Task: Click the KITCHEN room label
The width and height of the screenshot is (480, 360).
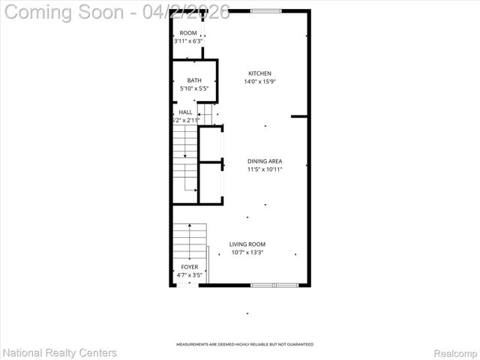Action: click(259, 73)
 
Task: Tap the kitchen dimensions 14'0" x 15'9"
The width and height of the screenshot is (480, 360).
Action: click(259, 82)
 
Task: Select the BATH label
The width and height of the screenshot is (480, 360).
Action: click(194, 80)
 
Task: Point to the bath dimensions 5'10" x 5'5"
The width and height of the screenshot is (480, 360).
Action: click(194, 88)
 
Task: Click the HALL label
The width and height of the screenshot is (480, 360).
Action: click(185, 112)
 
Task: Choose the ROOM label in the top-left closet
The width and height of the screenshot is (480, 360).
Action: click(188, 33)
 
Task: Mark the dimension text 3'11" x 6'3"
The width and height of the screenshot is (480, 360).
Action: click(188, 41)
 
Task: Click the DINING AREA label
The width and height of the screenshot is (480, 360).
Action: click(265, 161)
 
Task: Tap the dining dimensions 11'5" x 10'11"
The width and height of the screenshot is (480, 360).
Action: click(265, 169)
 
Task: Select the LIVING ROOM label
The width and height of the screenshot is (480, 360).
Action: click(247, 244)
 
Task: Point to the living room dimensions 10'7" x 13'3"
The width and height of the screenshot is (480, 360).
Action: click(247, 253)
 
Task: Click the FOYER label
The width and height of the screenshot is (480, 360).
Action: click(190, 267)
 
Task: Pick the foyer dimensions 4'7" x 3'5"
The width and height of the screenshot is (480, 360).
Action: click(190, 275)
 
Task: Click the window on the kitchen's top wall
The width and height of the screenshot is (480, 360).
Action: click(266, 11)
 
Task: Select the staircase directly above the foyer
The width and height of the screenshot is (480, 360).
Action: click(190, 240)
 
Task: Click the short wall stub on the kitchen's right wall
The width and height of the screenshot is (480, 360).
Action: click(299, 116)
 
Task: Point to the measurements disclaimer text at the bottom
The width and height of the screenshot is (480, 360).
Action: click(244, 344)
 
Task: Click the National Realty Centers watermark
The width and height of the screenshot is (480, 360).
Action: click(60, 352)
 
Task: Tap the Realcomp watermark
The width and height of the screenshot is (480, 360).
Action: click(456, 353)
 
